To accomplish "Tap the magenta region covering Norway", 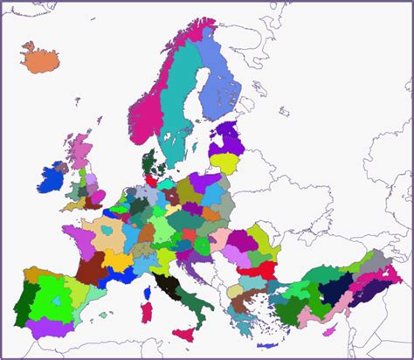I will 148,105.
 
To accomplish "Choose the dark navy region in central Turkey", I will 334,289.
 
